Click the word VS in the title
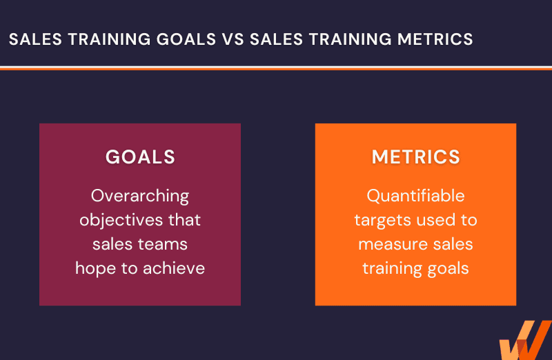233,39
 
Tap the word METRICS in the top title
435,39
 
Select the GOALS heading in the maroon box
140,157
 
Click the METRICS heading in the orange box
416,157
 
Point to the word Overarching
140,197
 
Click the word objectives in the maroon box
121,221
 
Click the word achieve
174,268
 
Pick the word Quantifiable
416,196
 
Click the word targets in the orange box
383,221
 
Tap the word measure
393,245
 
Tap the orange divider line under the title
276,69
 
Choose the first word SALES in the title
36,39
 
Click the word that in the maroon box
184,220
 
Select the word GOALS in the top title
186,39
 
